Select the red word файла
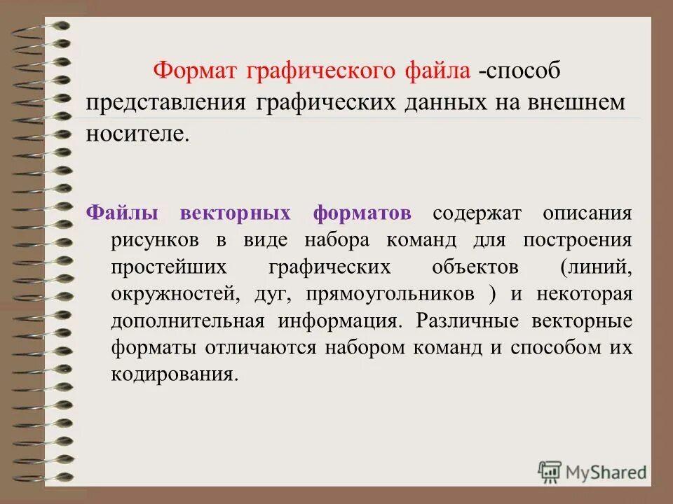pos(437,71)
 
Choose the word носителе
pos(137,134)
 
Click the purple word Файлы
pos(121,213)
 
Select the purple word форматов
pos(362,213)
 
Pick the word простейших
pos(168,267)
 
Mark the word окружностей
pos(172,294)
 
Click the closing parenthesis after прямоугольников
pos(491,295)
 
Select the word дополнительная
pos(187,321)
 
